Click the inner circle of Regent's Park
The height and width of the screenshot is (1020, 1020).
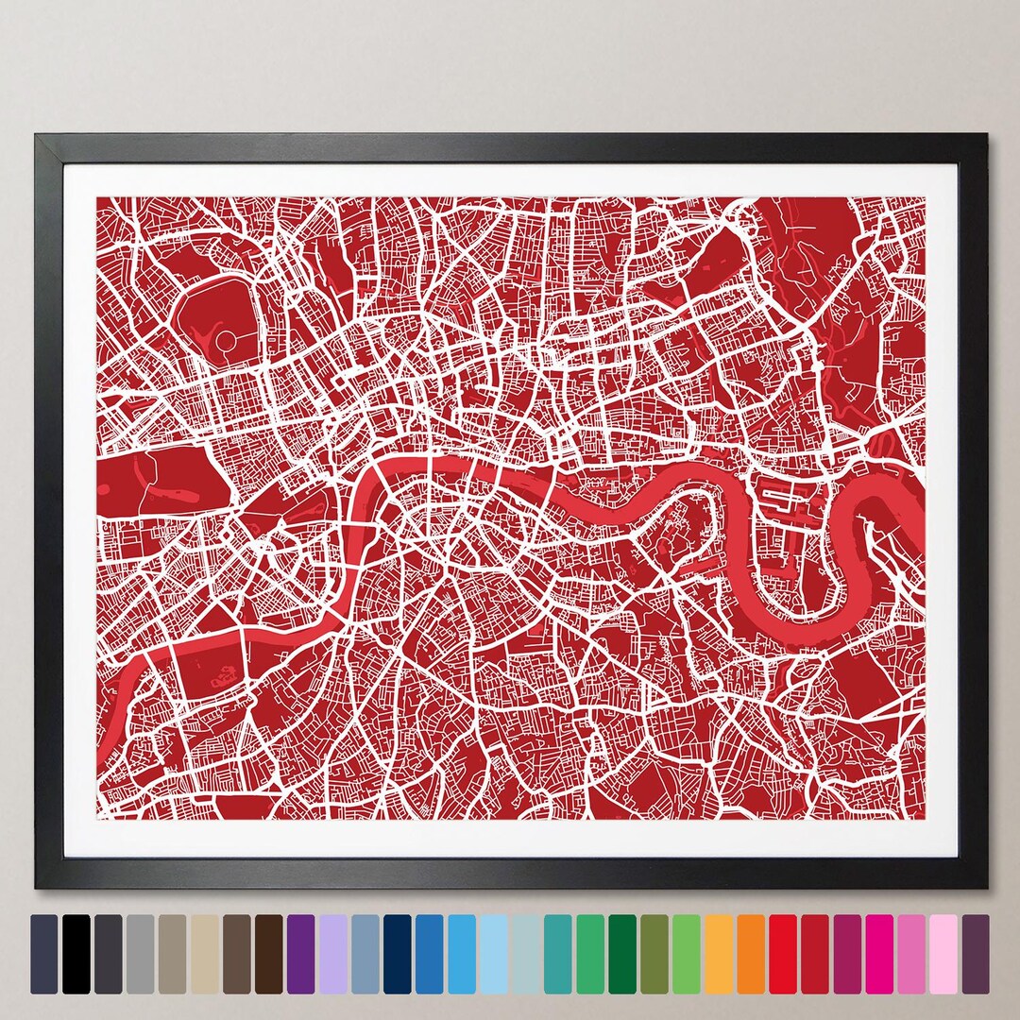pyautogui.click(x=227, y=338)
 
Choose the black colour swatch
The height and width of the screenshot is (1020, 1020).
pyautogui.click(x=76, y=953)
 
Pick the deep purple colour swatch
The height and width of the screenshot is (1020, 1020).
pyautogui.click(x=300, y=953)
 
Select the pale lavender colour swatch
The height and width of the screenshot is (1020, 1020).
pyautogui.click(x=332, y=953)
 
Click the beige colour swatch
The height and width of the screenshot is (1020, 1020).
pyautogui.click(x=204, y=953)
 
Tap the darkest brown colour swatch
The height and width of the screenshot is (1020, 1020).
pyautogui.click(x=268, y=953)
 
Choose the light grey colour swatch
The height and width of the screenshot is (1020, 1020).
pyautogui.click(x=140, y=953)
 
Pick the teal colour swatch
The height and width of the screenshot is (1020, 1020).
pyautogui.click(x=557, y=953)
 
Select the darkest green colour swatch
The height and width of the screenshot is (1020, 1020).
pyautogui.click(x=621, y=953)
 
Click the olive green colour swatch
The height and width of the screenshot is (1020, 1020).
pyautogui.click(x=654, y=953)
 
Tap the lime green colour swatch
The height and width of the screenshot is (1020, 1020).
pyautogui.click(x=686, y=953)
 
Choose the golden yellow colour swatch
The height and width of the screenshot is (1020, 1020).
pyautogui.click(x=718, y=953)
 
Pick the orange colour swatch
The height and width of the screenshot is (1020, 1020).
pyautogui.click(x=751, y=953)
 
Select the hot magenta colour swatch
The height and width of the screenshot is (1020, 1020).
pyautogui.click(x=879, y=953)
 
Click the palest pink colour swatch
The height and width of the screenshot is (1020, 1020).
pyautogui.click(x=943, y=953)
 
